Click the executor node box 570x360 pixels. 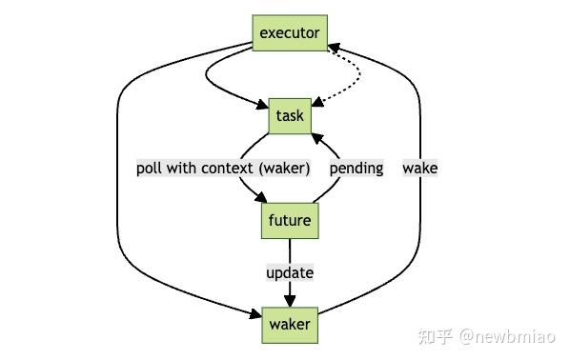tap(290, 33)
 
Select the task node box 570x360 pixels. tap(290, 116)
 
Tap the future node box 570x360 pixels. tap(290, 221)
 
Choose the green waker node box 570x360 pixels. tap(290, 324)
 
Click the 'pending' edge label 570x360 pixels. tap(356, 169)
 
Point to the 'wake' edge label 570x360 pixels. tap(419, 169)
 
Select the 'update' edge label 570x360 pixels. tap(290, 272)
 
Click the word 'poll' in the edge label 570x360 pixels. tap(151, 169)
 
